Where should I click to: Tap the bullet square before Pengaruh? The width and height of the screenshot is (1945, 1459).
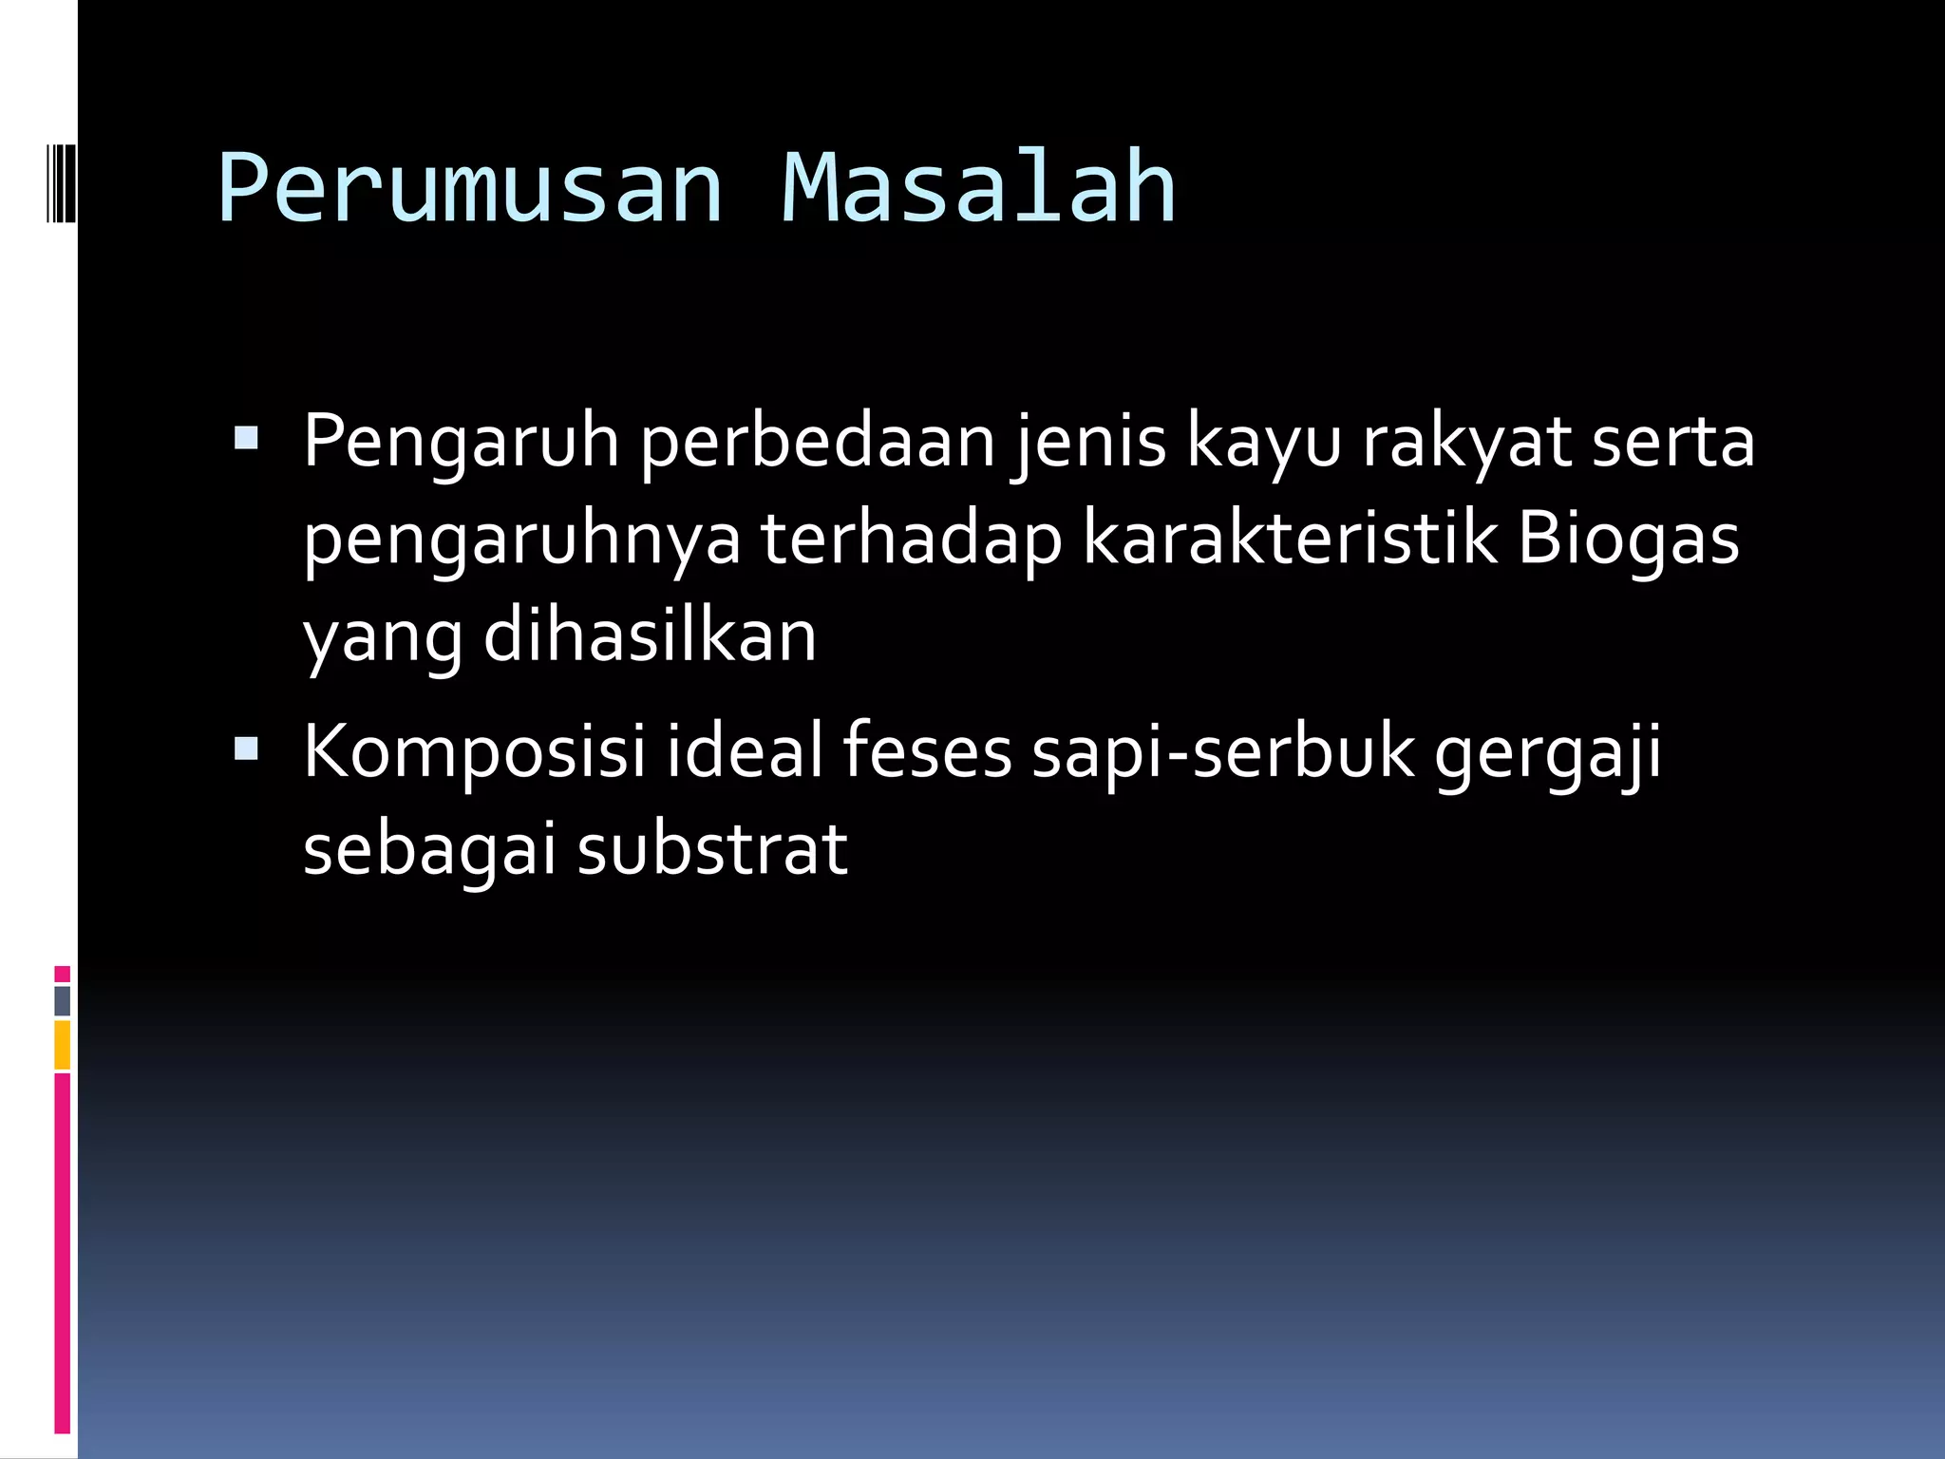pyautogui.click(x=246, y=437)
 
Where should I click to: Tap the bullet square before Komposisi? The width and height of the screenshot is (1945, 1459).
pyautogui.click(x=246, y=749)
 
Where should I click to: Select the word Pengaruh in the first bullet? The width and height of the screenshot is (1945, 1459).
pyautogui.click(x=462, y=443)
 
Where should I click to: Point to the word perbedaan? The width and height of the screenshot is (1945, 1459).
pyautogui.click(x=818, y=443)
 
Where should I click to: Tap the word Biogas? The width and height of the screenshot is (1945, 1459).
pyautogui.click(x=1628, y=540)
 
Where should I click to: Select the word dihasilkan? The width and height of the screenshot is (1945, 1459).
pyautogui.click(x=651, y=635)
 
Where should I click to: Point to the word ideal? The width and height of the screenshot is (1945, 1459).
pyautogui.click(x=744, y=751)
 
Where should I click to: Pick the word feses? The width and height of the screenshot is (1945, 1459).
pyautogui.click(x=927, y=751)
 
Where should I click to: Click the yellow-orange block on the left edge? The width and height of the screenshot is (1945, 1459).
pyautogui.click(x=62, y=1045)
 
